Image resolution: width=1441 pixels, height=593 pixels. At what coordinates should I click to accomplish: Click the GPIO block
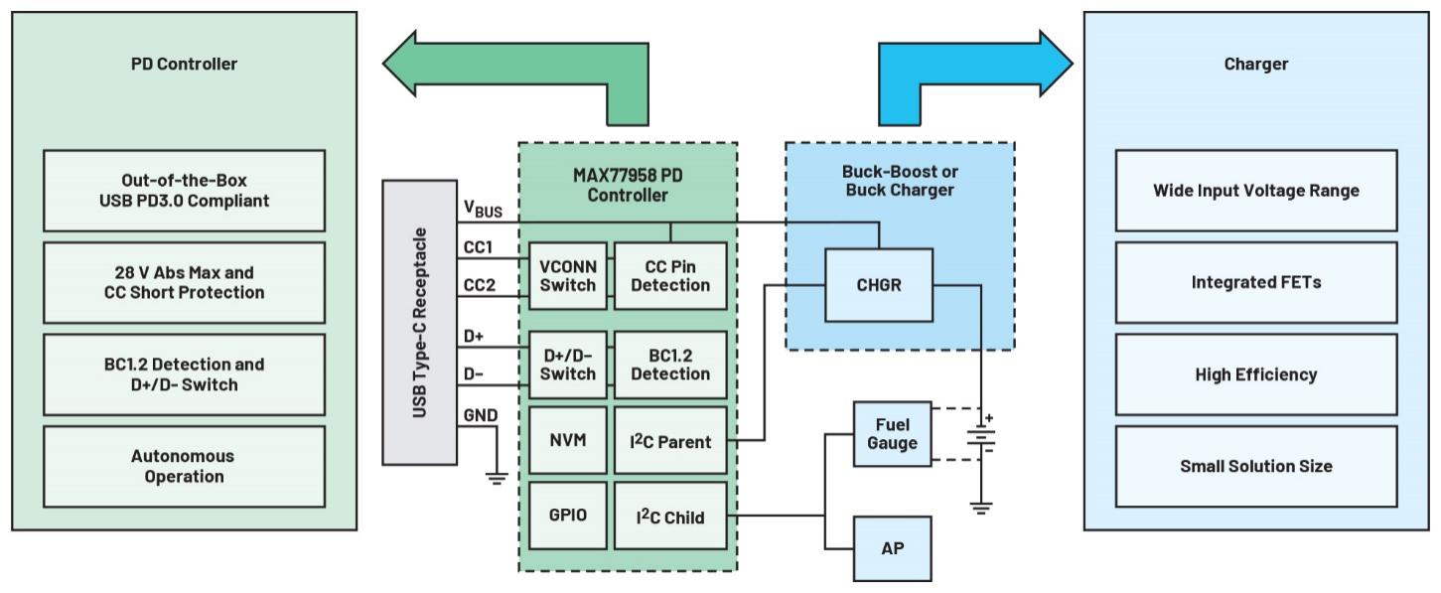pyautogui.click(x=568, y=517)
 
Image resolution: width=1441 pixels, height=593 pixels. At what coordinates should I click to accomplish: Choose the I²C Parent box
pyautogui.click(x=670, y=440)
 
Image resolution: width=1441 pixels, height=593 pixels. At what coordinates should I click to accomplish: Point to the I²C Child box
pyautogui.click(x=670, y=517)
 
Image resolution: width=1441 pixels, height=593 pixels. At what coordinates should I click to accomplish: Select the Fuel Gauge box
pyautogui.click(x=892, y=434)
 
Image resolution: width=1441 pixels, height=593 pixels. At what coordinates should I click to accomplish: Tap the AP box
pyautogui.click(x=892, y=548)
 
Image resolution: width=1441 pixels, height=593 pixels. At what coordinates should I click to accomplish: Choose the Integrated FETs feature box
pyautogui.click(x=1255, y=282)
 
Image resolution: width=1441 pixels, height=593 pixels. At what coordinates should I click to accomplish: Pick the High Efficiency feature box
pyautogui.click(x=1255, y=374)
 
